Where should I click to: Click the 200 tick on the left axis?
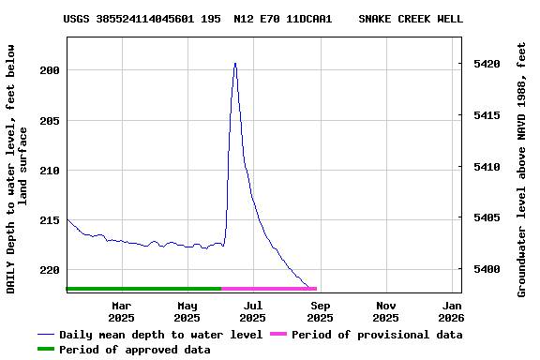pyautogui.click(x=51, y=70)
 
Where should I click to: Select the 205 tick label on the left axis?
pyautogui.click(x=51, y=120)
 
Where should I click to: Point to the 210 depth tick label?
pyautogui.click(x=51, y=170)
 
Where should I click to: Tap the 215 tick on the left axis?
pyautogui.click(x=51, y=219)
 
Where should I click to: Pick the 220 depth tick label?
pyautogui.click(x=51, y=269)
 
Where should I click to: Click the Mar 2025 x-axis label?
pyautogui.click(x=121, y=311)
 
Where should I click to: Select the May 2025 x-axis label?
pyautogui.click(x=187, y=311)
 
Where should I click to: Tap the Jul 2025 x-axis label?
pyautogui.click(x=253, y=311)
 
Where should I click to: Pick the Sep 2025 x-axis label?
pyautogui.click(x=320, y=311)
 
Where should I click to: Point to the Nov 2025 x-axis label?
pyautogui.click(x=386, y=311)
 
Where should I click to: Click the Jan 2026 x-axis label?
pyautogui.click(x=452, y=311)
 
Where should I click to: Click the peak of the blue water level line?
pyautogui.click(x=235, y=64)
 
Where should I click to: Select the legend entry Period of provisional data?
pyautogui.click(x=376, y=335)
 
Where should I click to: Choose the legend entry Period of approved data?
pyautogui.click(x=134, y=350)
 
